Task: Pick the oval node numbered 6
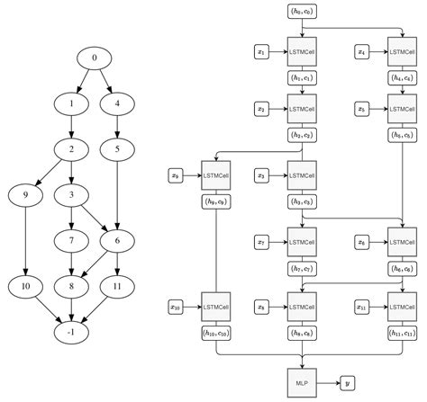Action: tap(116, 240)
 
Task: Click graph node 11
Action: tap(116, 286)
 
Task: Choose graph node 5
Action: tap(116, 148)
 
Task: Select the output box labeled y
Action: tap(347, 381)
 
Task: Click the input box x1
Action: tap(262, 53)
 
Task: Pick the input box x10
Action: tap(175, 308)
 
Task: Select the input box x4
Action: tap(362, 53)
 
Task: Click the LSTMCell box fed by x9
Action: tap(217, 175)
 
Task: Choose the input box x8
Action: tap(262, 308)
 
